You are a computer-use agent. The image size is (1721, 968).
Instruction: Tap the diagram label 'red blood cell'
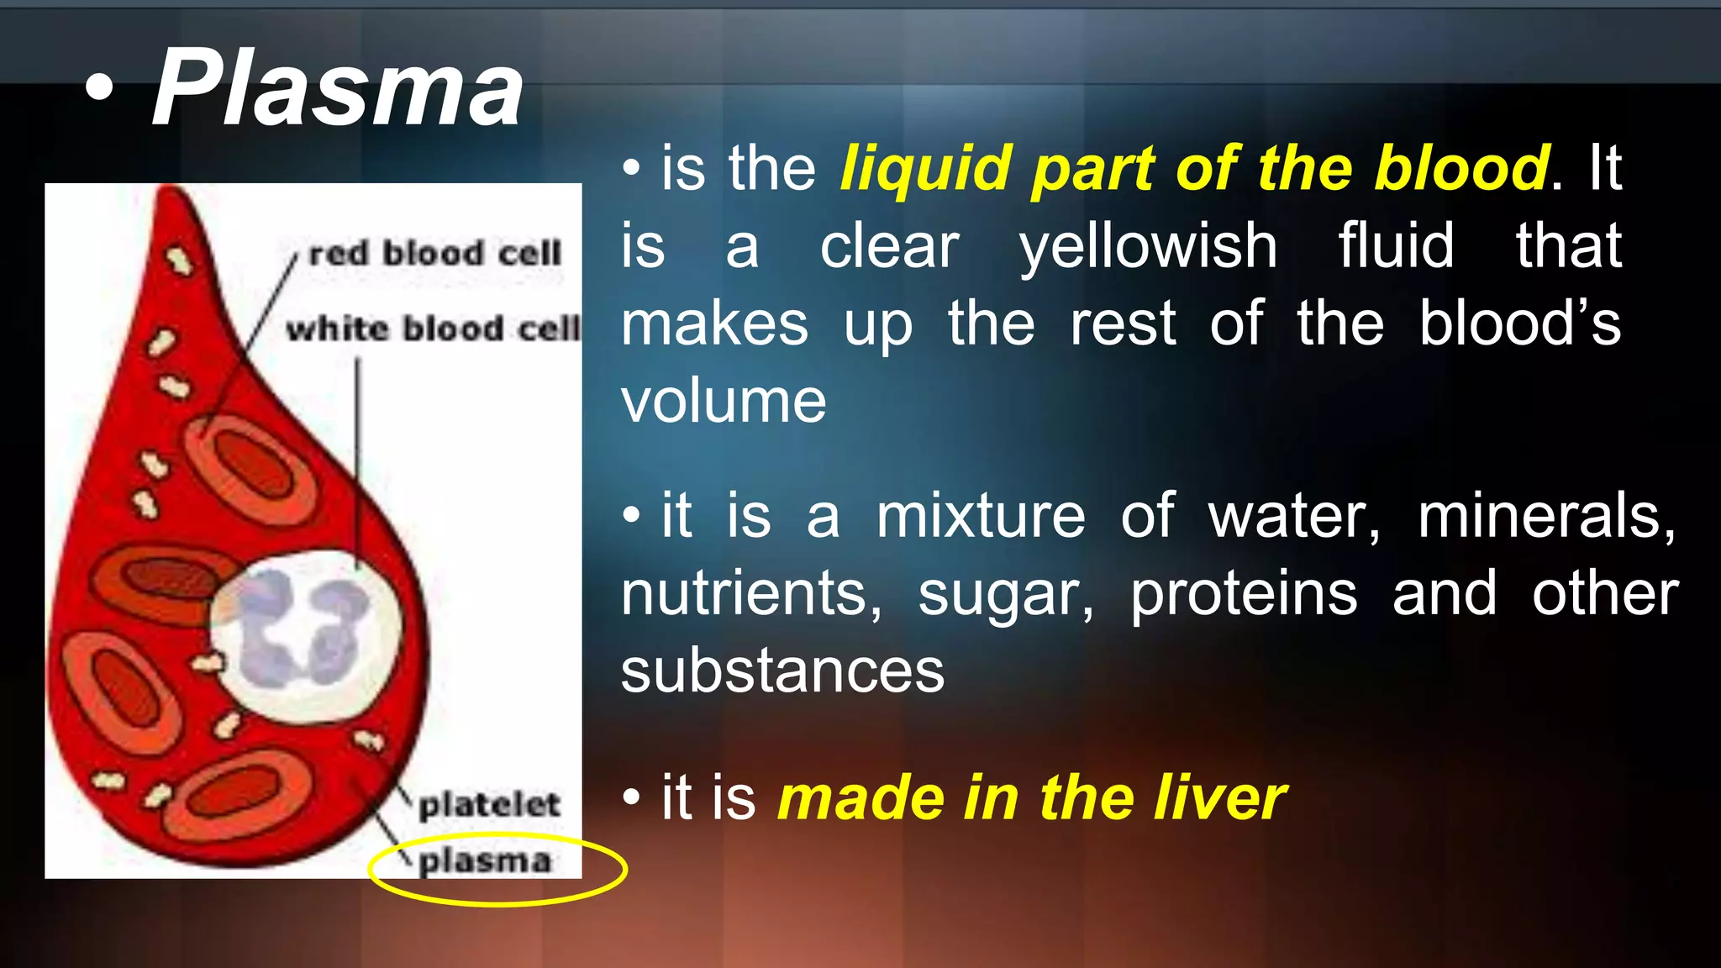(434, 253)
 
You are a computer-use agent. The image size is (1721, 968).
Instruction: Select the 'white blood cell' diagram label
(433, 329)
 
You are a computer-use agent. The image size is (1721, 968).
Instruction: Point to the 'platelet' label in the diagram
(489, 804)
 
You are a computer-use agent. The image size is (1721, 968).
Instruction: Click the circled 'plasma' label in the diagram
(485, 861)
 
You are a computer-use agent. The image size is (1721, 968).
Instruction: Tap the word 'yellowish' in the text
(1148, 246)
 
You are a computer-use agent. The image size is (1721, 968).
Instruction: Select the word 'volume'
(724, 401)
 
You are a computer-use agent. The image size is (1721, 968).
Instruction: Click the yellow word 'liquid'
(925, 168)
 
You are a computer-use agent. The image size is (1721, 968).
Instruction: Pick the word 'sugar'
(1006, 594)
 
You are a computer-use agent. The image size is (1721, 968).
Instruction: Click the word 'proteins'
(1244, 594)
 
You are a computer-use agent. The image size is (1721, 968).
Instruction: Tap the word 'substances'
(782, 671)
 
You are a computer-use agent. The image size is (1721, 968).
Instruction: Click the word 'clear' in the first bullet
(889, 246)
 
